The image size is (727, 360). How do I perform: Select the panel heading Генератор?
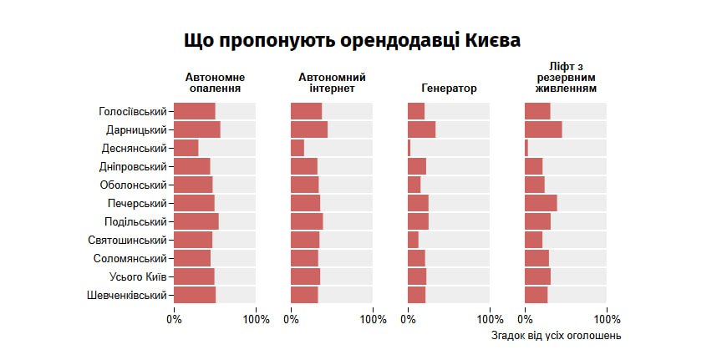click(x=449, y=88)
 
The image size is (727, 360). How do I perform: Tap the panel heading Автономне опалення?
click(x=216, y=83)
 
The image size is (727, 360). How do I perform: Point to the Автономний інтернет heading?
click(x=332, y=83)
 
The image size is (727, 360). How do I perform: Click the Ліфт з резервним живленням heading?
click(x=566, y=77)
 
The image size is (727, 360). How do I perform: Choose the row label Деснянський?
click(x=134, y=148)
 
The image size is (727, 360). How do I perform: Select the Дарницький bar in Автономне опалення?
click(x=197, y=129)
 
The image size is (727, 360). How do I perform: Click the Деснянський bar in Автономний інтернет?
click(x=297, y=148)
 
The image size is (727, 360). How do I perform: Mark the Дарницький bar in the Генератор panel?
click(x=422, y=129)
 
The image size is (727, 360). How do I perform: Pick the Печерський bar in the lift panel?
click(x=541, y=203)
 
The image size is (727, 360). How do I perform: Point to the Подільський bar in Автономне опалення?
click(x=196, y=221)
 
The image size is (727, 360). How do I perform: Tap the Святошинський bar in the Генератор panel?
click(x=413, y=240)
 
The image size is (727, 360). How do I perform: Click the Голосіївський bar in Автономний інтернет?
click(x=306, y=111)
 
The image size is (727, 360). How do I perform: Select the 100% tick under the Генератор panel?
click(x=490, y=319)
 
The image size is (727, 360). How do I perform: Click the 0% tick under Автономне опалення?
click(x=174, y=319)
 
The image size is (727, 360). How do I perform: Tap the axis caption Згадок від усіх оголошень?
click(x=556, y=336)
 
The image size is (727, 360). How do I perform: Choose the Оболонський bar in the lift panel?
click(x=535, y=185)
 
